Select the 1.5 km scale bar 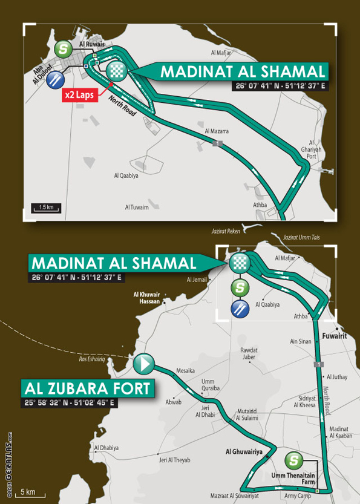pyautogui.click(x=46, y=208)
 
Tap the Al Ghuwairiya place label pyautogui.click(x=244, y=451)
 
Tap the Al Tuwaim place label pyautogui.click(x=137, y=207)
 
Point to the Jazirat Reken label pyautogui.click(x=226, y=232)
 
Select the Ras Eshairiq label pyautogui.click(x=109, y=359)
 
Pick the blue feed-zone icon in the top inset pyautogui.click(x=56, y=78)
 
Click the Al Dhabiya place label pyautogui.click(x=106, y=448)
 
